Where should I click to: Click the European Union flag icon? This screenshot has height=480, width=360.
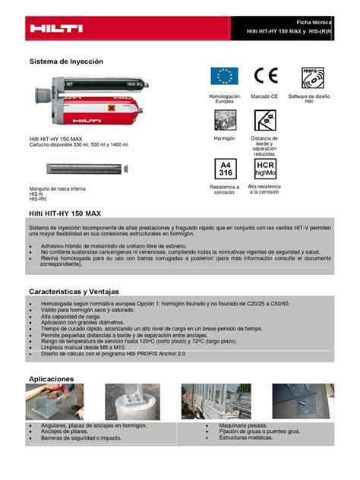[224, 75]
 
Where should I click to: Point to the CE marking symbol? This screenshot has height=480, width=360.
[266, 75]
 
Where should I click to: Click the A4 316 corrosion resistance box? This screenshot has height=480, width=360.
[225, 169]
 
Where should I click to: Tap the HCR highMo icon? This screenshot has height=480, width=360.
[265, 169]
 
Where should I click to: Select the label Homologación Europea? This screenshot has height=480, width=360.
[224, 99]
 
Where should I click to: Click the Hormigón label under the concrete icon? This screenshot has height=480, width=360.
[225, 138]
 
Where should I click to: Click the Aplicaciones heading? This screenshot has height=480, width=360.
[51, 377]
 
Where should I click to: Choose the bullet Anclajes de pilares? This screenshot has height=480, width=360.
[69, 431]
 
